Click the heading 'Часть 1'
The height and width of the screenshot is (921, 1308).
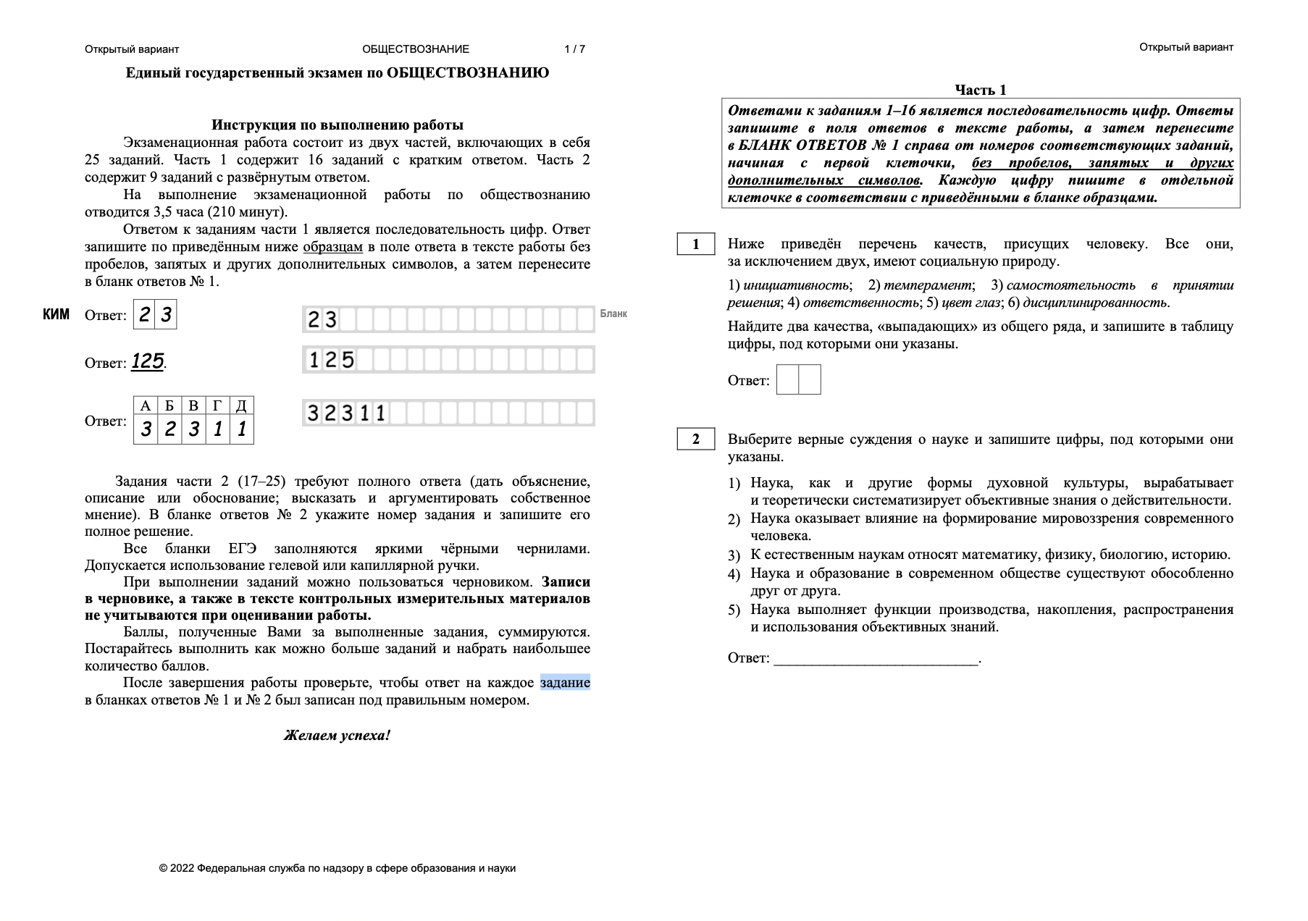pyautogui.click(x=980, y=90)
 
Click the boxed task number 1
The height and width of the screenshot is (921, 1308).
pyautogui.click(x=696, y=244)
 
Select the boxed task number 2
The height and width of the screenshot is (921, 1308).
pyautogui.click(x=696, y=439)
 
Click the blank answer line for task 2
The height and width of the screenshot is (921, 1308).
pyautogui.click(x=876, y=659)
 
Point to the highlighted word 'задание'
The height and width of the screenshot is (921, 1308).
pyautogui.click(x=565, y=683)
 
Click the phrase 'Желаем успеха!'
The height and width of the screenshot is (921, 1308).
pyautogui.click(x=337, y=736)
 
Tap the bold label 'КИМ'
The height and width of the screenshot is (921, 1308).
pyautogui.click(x=56, y=314)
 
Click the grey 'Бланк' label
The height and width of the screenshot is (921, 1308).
pyautogui.click(x=613, y=314)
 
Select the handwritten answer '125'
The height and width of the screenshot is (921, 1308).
pyautogui.click(x=147, y=361)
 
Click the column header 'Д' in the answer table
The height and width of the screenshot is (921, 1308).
pyautogui.click(x=242, y=405)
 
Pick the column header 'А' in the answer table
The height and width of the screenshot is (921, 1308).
pyautogui.click(x=146, y=405)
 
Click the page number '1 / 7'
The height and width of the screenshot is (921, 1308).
pyautogui.click(x=574, y=49)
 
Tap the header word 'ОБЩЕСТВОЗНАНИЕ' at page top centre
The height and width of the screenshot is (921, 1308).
pyautogui.click(x=416, y=49)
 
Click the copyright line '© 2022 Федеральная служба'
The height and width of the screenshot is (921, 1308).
pyautogui.click(x=338, y=867)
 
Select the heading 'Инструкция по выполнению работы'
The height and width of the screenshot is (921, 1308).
pyautogui.click(x=337, y=125)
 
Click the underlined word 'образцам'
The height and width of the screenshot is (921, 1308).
pyautogui.click(x=332, y=247)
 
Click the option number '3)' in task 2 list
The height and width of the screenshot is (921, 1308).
pyautogui.click(x=734, y=555)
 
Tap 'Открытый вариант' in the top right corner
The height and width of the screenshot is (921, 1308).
pyautogui.click(x=1186, y=47)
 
